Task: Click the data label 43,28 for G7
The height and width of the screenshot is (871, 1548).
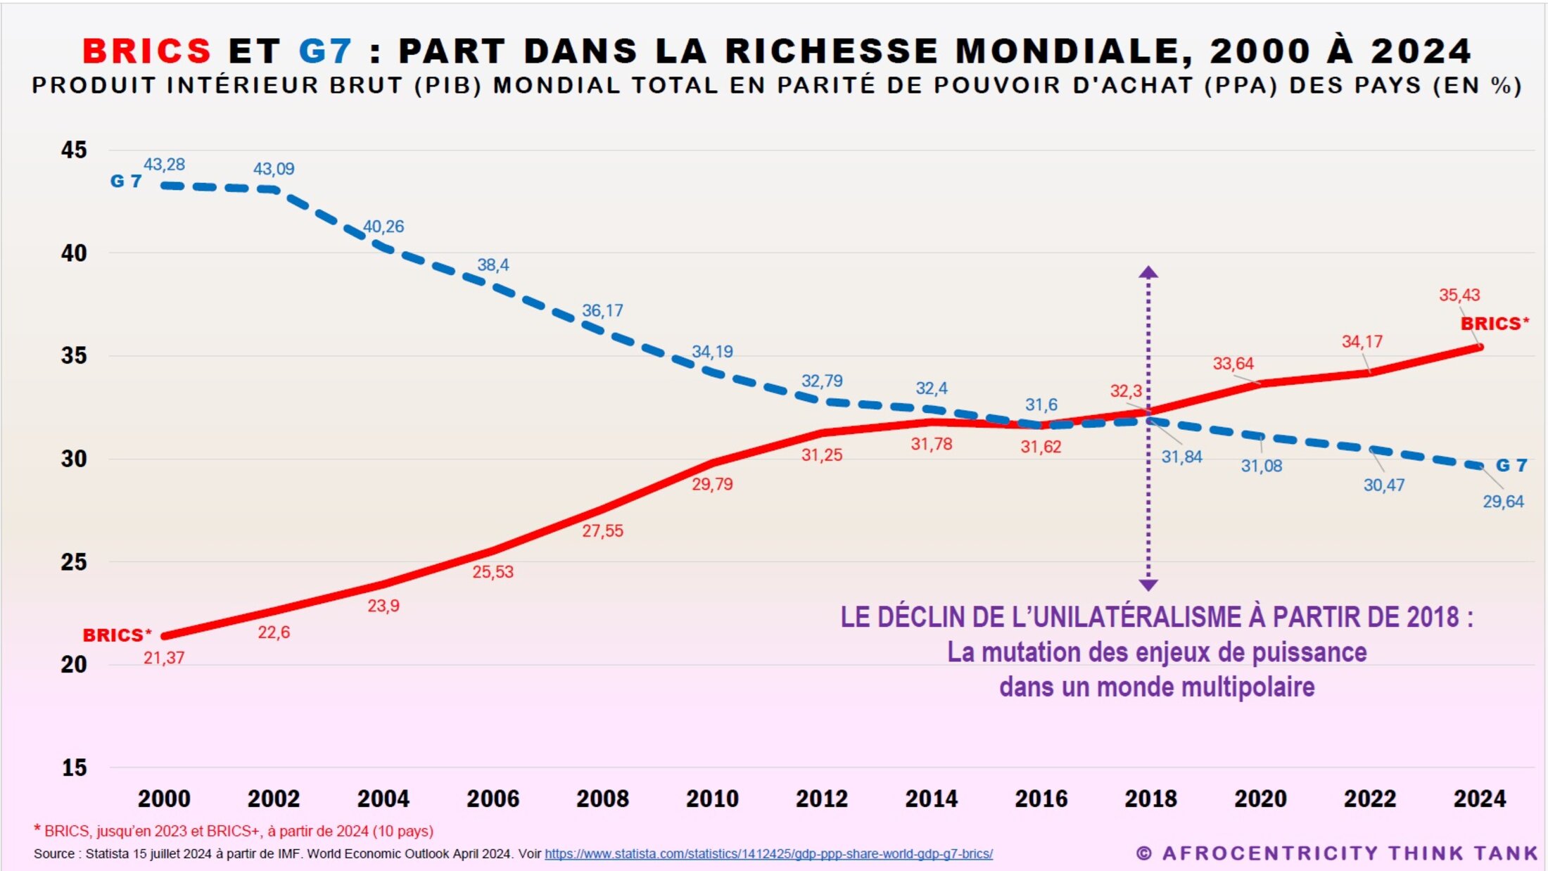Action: tap(164, 165)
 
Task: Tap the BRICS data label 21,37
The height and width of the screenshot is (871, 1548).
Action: tap(164, 658)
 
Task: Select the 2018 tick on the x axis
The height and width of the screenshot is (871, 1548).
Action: tap(1150, 799)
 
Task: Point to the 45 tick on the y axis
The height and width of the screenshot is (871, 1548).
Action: tap(74, 150)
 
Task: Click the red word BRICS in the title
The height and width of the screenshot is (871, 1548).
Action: tap(147, 51)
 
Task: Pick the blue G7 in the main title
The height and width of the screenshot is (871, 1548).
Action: tap(325, 51)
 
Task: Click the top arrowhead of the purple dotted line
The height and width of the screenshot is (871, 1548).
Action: tap(1148, 272)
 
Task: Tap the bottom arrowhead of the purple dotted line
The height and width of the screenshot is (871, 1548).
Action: tap(1148, 585)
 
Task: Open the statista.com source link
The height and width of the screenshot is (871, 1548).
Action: tap(768, 854)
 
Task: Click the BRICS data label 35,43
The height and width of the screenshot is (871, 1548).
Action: tap(1459, 295)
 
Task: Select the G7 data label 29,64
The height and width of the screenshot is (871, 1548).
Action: tap(1503, 502)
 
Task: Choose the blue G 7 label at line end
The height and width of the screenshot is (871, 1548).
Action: tap(1511, 465)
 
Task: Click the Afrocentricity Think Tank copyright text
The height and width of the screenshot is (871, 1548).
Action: tap(1337, 853)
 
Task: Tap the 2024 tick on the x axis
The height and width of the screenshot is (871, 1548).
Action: tap(1480, 799)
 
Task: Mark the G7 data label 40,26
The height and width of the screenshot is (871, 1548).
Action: tap(383, 227)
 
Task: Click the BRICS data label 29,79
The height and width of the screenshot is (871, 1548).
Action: tap(712, 484)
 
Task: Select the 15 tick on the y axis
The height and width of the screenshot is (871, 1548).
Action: tap(74, 768)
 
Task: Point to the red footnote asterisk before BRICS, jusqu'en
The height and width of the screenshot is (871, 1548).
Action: tap(37, 829)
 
